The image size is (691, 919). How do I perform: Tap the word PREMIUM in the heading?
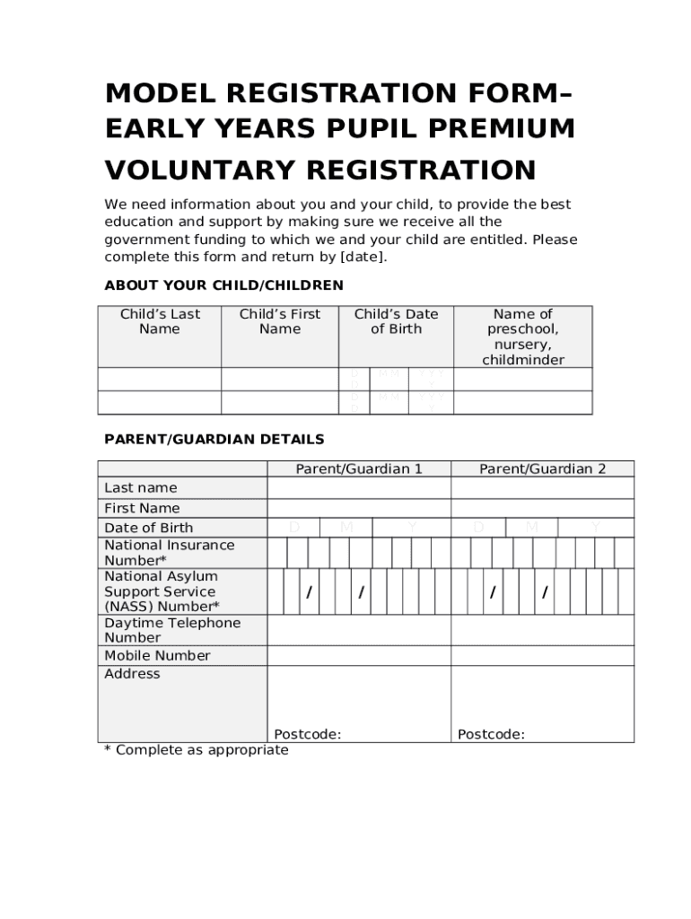(506, 129)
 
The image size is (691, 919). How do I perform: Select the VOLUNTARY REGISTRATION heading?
(320, 169)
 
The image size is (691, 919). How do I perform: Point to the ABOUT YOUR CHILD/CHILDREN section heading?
(223, 285)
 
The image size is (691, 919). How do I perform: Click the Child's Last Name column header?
(160, 321)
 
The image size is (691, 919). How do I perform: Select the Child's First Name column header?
(280, 321)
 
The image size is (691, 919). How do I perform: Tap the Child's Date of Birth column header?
(396, 321)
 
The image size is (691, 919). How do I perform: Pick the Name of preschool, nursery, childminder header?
(523, 337)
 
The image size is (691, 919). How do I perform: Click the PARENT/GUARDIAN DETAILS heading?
(214, 440)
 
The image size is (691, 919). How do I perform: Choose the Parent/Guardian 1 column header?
(359, 468)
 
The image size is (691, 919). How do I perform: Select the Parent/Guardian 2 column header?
(542, 468)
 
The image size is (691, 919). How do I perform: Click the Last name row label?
(141, 487)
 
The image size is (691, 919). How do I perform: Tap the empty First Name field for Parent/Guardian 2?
(542, 508)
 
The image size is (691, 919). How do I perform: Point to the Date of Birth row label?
(148, 528)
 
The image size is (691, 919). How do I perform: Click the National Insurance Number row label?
(170, 553)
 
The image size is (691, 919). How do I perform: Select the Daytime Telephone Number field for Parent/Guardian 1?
(359, 630)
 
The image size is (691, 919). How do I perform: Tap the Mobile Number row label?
(157, 656)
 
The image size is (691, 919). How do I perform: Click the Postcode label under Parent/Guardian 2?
(491, 734)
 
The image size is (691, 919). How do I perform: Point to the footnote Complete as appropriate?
(197, 750)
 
